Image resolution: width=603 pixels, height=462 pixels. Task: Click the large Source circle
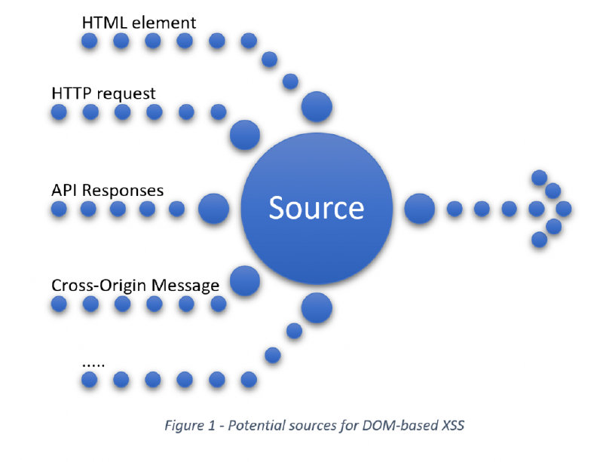316,207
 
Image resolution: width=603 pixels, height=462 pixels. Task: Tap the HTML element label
139,23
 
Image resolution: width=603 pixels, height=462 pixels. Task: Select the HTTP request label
104,93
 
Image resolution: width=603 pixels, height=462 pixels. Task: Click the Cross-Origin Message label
136,286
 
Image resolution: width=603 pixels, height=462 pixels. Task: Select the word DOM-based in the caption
397,426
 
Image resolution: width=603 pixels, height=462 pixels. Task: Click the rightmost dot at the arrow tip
562,209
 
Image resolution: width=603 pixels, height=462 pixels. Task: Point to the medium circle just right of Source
419,209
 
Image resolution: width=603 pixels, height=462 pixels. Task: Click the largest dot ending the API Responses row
213,209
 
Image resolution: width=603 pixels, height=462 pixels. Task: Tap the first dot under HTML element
90,41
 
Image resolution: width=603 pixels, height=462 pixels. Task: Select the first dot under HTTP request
59,113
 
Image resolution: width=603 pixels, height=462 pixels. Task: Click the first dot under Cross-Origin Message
59,304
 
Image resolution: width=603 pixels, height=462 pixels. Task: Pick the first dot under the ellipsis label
90,378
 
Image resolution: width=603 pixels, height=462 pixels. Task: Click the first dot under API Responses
59,209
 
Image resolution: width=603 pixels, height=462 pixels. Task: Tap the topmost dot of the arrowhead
539,178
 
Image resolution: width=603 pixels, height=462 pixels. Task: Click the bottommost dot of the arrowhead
539,240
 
